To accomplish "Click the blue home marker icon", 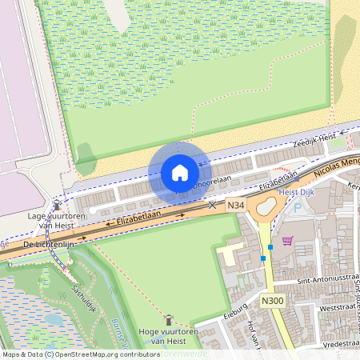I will [180, 172].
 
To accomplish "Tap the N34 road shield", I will [235, 206].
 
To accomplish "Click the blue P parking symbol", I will [298, 207].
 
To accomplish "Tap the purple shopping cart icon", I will [286, 240].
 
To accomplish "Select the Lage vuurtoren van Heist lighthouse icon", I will [56, 205].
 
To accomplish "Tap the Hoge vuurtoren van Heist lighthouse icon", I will [168, 318].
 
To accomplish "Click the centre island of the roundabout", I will [262, 209].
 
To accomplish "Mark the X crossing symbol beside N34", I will [212, 205].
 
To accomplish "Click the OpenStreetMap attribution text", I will [81, 354].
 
